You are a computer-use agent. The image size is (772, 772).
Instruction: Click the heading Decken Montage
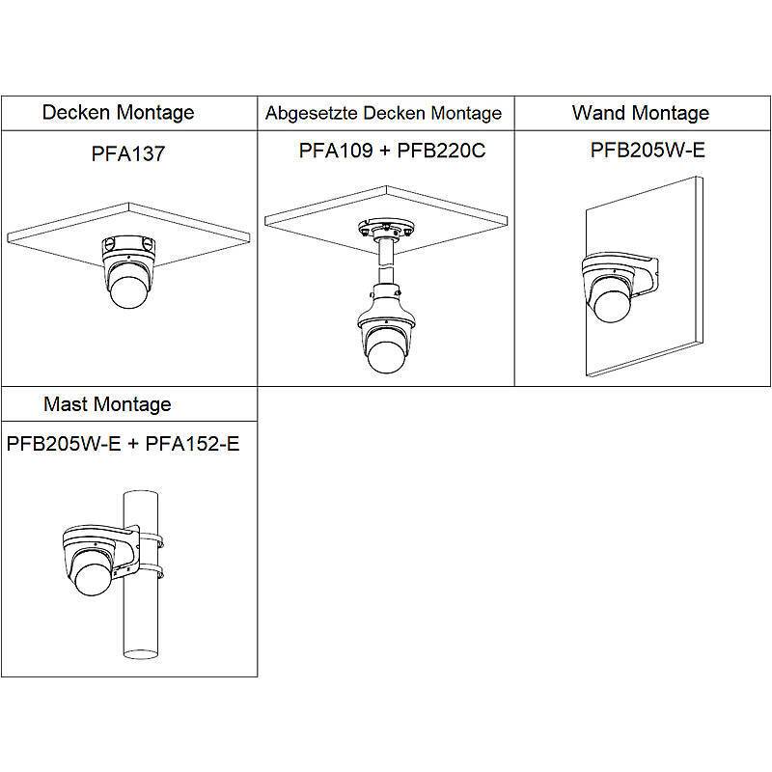tap(118, 113)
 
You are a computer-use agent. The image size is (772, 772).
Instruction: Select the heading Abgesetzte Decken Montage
tap(383, 113)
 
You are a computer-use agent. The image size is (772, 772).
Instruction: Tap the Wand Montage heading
tap(641, 113)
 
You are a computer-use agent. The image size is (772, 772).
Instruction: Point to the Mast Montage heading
tap(107, 404)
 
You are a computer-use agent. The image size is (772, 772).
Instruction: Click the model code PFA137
tap(128, 153)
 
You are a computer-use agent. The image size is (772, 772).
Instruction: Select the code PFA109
tap(336, 151)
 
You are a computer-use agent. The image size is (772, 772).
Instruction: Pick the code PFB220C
tap(441, 151)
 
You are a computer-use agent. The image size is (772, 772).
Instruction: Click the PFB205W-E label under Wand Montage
tap(648, 150)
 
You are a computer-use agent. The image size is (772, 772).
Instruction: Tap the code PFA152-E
tap(192, 444)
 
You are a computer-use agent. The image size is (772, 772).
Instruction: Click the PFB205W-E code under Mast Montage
tap(64, 444)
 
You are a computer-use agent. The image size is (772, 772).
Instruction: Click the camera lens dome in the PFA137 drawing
tap(127, 291)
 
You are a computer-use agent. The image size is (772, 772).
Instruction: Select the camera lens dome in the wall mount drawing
tap(613, 305)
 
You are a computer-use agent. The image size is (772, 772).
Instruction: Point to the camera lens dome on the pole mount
tap(93, 579)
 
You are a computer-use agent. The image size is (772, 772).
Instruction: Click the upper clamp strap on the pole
tap(150, 539)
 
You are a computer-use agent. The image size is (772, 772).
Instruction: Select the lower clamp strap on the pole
tap(150, 572)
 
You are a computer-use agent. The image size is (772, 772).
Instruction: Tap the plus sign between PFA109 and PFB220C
tap(385, 151)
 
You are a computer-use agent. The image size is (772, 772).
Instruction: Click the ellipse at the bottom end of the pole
tap(141, 654)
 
